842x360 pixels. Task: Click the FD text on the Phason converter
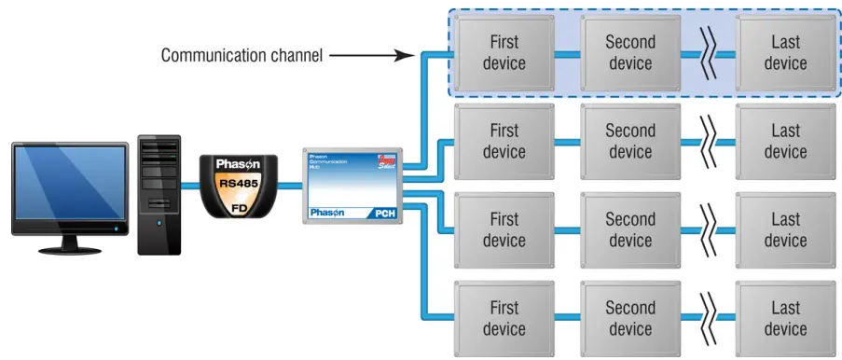click(x=240, y=209)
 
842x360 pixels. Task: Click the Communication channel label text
click(x=242, y=55)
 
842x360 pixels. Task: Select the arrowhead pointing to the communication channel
click(x=407, y=55)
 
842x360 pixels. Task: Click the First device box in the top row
click(x=504, y=52)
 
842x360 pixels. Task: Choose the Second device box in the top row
click(x=629, y=52)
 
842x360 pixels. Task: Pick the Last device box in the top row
click(x=785, y=52)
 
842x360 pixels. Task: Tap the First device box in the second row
click(x=504, y=142)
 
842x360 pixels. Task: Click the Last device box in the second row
click(x=785, y=142)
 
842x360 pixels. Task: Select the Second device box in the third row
click(x=629, y=230)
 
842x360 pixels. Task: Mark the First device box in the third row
click(x=504, y=230)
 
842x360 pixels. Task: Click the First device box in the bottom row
click(x=504, y=318)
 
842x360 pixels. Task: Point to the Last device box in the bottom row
click(x=785, y=318)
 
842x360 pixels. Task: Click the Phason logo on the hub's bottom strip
click(x=326, y=213)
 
